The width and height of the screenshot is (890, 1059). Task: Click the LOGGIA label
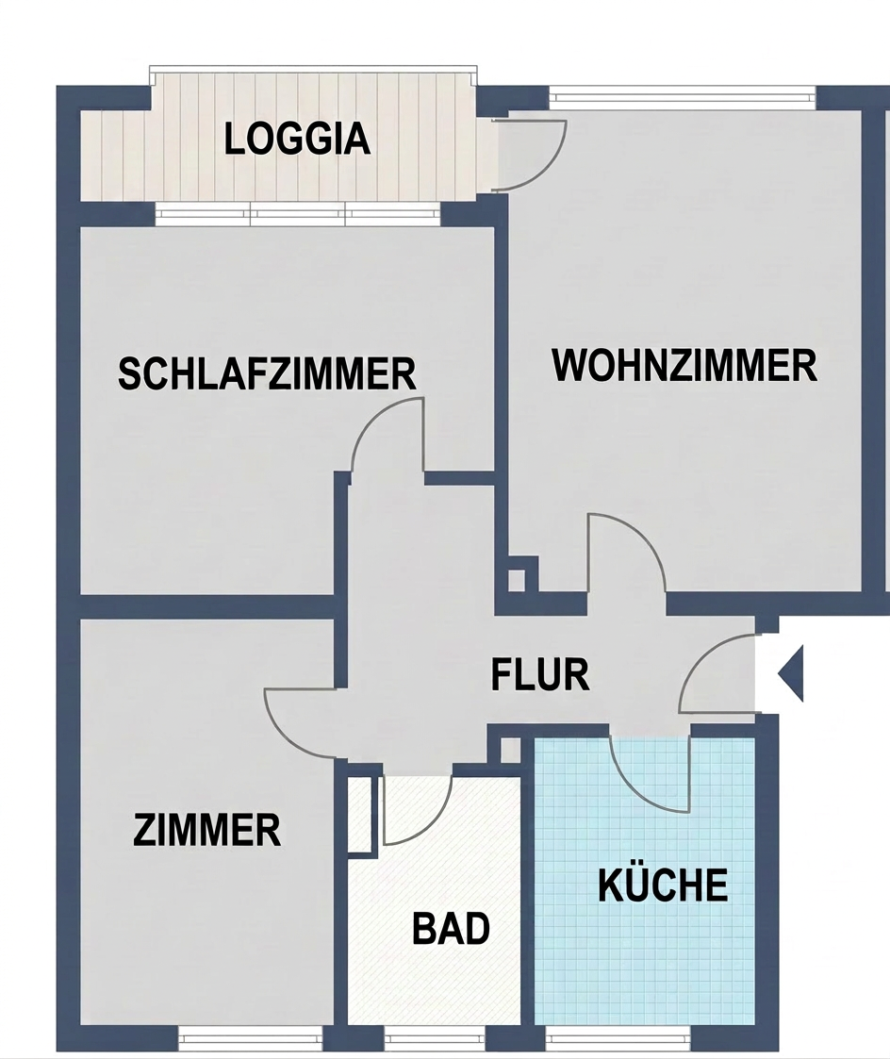click(x=297, y=139)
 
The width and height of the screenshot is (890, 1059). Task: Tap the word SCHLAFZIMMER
click(x=268, y=373)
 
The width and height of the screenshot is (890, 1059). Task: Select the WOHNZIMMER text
click(x=684, y=365)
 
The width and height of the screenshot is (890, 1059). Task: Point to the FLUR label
click(x=540, y=674)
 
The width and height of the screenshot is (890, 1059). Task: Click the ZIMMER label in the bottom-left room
click(x=206, y=830)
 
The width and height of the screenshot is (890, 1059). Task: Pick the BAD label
click(x=451, y=928)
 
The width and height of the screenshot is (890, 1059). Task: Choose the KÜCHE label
click(x=663, y=885)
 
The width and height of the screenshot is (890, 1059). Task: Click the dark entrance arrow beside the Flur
click(x=791, y=673)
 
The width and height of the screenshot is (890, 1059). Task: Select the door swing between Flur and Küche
click(x=641, y=790)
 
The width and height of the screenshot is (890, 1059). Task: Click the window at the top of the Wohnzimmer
click(x=683, y=97)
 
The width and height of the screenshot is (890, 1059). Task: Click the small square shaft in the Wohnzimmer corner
click(x=516, y=580)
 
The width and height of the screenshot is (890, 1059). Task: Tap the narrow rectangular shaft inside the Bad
click(x=360, y=815)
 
